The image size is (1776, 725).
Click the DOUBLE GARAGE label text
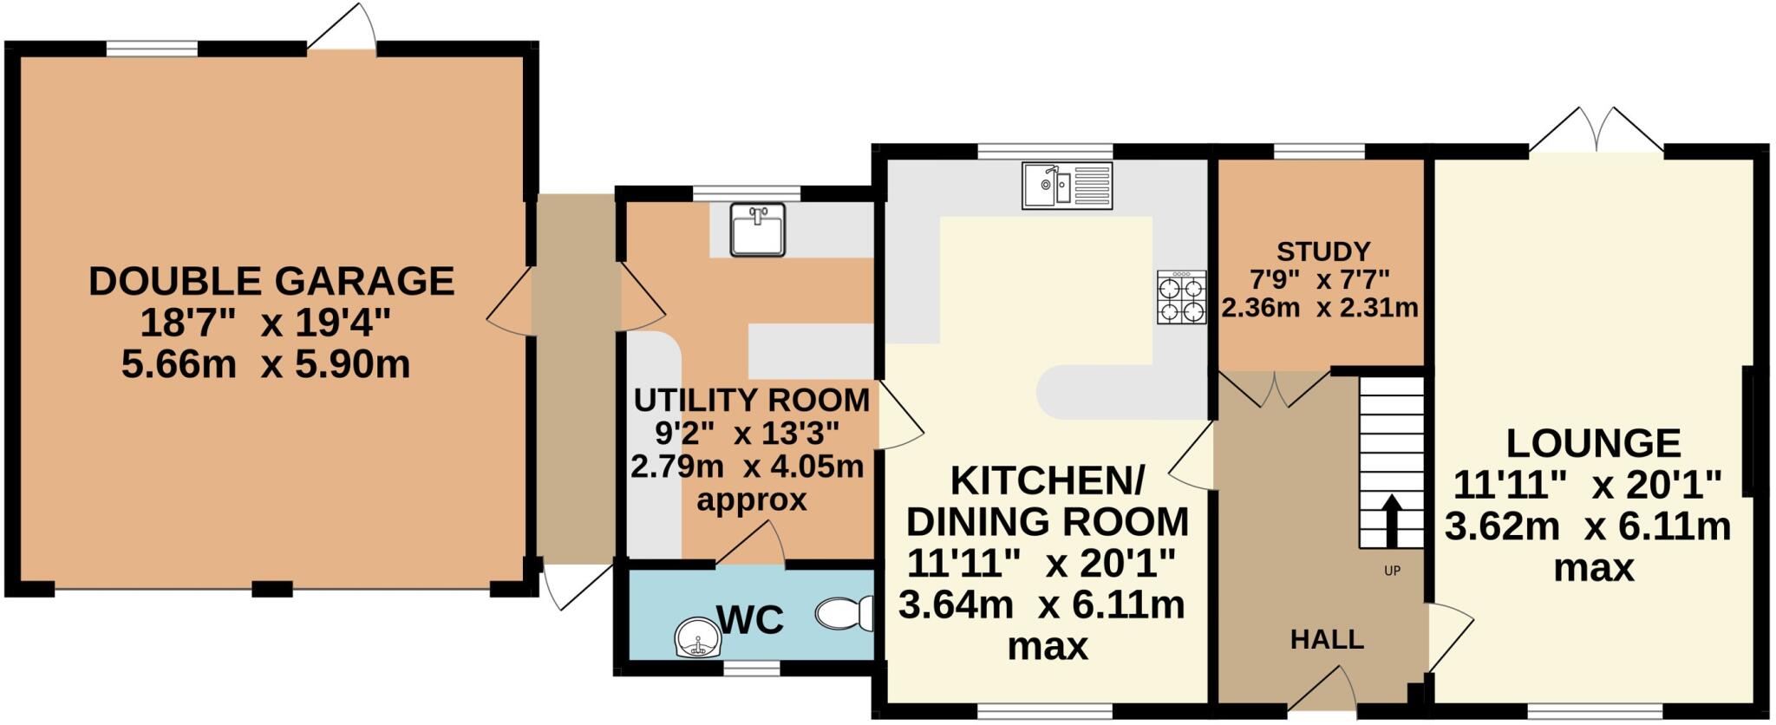coord(271,282)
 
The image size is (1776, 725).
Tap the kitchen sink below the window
coord(1068,186)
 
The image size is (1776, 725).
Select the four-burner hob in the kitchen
coord(1181,297)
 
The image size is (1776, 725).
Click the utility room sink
coord(757,230)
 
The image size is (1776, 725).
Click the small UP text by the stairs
coord(1392,572)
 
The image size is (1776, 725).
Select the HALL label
coord(1327,640)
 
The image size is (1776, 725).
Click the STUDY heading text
coord(1322,251)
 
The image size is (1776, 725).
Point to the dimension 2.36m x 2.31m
coord(1319,308)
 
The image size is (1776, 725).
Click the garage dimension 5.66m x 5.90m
coord(265,365)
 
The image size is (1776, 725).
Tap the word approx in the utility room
coord(751,500)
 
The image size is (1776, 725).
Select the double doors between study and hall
coord(1275,389)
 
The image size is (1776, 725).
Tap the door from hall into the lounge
coord(1446,637)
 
